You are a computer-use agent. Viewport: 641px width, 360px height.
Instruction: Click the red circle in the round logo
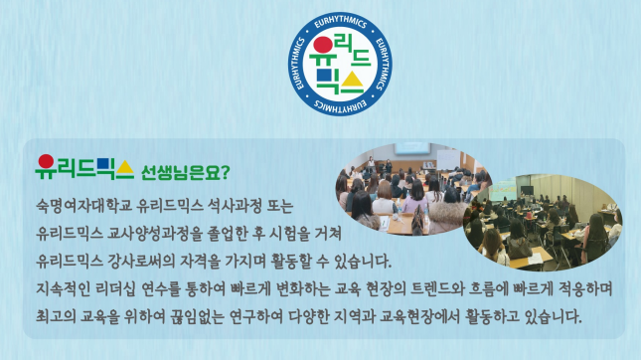[323, 45]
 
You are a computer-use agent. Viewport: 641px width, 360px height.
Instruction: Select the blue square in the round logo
[324, 75]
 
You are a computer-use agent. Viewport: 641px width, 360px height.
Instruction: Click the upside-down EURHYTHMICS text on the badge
[340, 106]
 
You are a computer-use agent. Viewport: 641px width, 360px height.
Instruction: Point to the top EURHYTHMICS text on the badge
[340, 22]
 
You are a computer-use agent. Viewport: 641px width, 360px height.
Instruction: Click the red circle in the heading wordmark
[46, 161]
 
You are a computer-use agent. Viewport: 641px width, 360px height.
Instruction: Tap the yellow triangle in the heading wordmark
[124, 168]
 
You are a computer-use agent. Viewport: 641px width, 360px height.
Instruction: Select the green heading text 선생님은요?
[185, 173]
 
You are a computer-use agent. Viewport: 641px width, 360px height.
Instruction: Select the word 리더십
[115, 288]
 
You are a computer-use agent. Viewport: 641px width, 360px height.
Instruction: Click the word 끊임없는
[198, 316]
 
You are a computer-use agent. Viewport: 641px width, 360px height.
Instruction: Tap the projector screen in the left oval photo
[412, 148]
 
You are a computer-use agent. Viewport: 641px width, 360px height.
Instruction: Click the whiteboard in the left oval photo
[448, 159]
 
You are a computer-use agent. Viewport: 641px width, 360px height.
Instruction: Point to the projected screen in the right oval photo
[503, 190]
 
